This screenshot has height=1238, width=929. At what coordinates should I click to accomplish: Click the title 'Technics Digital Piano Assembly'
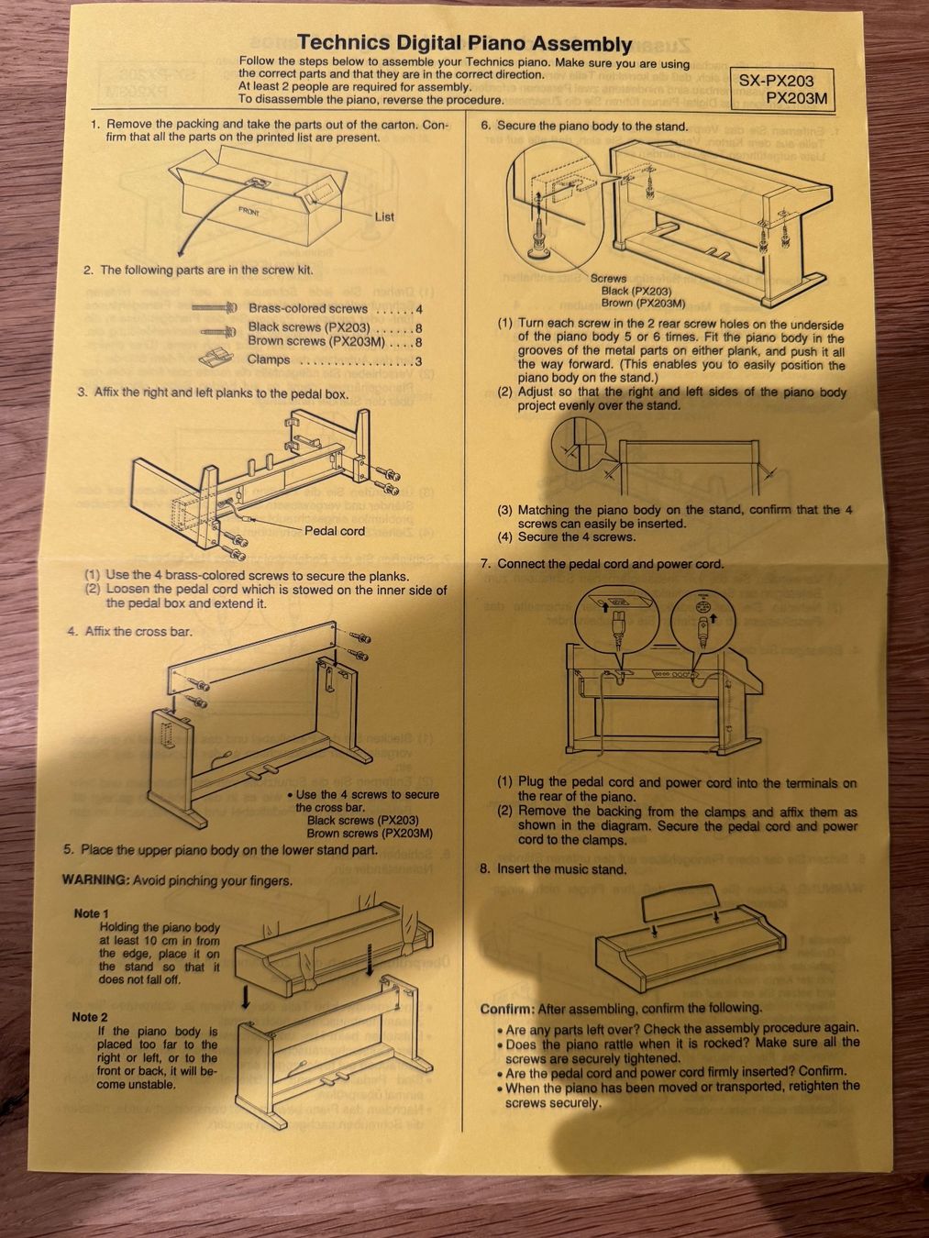[464, 42]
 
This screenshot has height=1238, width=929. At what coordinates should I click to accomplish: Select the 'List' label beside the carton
[384, 217]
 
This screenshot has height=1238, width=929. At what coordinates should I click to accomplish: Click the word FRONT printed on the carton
[249, 213]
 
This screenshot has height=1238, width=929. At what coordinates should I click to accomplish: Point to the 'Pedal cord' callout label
[335, 531]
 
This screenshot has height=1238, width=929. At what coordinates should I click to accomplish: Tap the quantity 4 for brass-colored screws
[418, 309]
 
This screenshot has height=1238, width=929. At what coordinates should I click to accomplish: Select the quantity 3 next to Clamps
[418, 361]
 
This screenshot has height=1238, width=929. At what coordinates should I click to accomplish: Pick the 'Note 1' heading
[91, 913]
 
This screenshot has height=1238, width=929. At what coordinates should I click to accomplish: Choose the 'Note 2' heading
[89, 1017]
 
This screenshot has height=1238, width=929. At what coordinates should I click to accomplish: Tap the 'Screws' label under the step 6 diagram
[609, 279]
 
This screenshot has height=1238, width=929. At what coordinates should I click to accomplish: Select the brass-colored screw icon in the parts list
[214, 308]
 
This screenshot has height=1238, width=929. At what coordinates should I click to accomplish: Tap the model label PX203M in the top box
[796, 99]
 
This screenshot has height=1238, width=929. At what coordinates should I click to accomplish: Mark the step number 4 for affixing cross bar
[72, 631]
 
